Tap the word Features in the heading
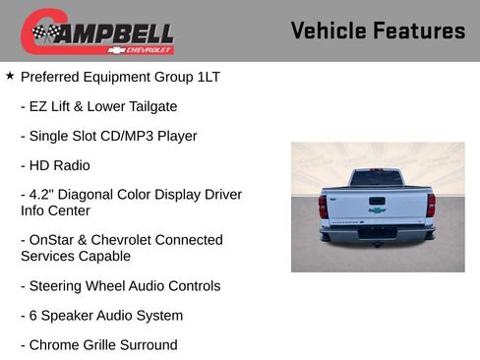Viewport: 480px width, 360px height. click(420, 30)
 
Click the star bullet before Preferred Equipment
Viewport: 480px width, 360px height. click(10, 75)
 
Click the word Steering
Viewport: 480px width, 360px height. click(60, 285)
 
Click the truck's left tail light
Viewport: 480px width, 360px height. click(323, 206)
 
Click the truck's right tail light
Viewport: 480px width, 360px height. click(431, 205)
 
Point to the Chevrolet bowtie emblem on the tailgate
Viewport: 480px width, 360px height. click(377, 209)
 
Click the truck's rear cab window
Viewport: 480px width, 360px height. click(377, 179)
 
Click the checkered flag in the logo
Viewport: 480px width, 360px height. click(42, 32)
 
